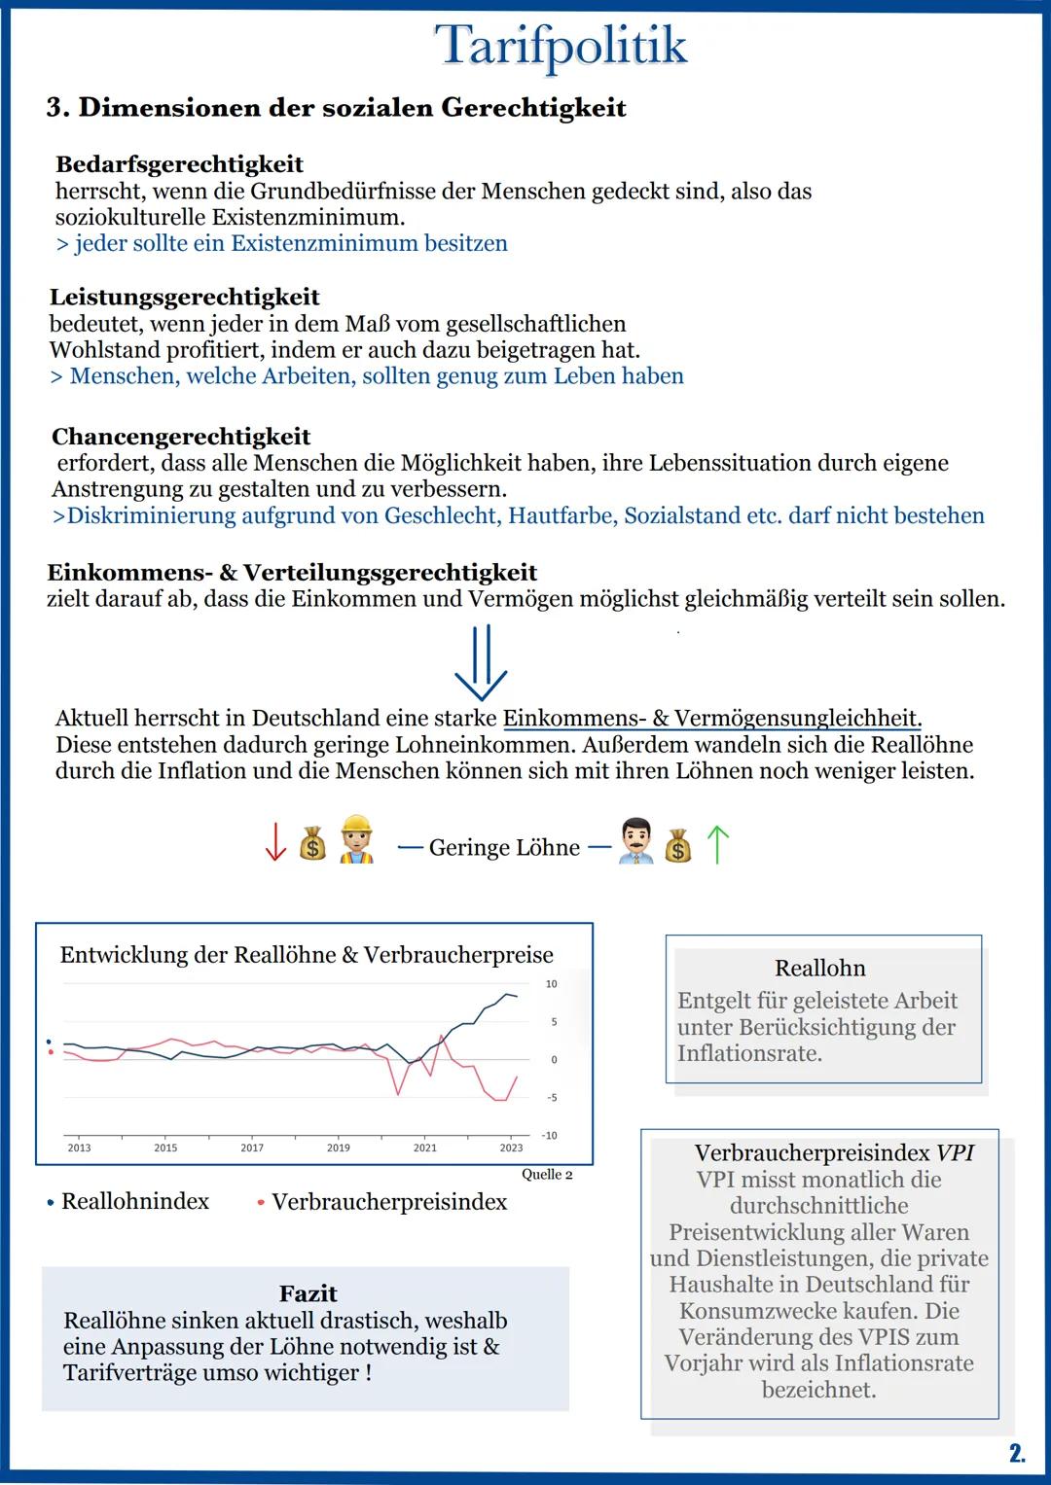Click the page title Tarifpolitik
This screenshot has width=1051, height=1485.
pyautogui.click(x=561, y=46)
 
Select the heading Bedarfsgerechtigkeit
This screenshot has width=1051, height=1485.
pyautogui.click(x=179, y=164)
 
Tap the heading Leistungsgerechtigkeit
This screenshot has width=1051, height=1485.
pyautogui.click(x=185, y=297)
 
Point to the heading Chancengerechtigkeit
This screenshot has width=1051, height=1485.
pyautogui.click(x=181, y=437)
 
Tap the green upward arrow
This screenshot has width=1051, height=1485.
pyautogui.click(x=717, y=844)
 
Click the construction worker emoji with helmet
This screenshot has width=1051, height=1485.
pyautogui.click(x=356, y=840)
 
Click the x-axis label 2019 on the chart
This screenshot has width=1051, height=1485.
pyautogui.click(x=339, y=1148)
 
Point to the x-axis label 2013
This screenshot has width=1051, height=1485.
pyautogui.click(x=79, y=1148)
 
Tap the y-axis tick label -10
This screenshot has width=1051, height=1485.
pyautogui.click(x=550, y=1135)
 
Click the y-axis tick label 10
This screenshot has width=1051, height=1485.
pyautogui.click(x=551, y=984)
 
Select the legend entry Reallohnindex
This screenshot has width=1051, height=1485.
pyautogui.click(x=134, y=1202)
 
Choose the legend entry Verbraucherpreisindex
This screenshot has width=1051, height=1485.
pyautogui.click(x=389, y=1202)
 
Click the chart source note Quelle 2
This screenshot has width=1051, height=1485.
pyautogui.click(x=547, y=1175)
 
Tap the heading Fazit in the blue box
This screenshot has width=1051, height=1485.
pyautogui.click(x=308, y=1293)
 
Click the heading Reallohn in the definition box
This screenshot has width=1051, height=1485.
pyautogui.click(x=819, y=968)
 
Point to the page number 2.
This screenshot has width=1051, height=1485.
pyautogui.click(x=1016, y=1454)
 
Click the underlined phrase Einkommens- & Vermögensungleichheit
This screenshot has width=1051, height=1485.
pyautogui.click(x=710, y=719)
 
